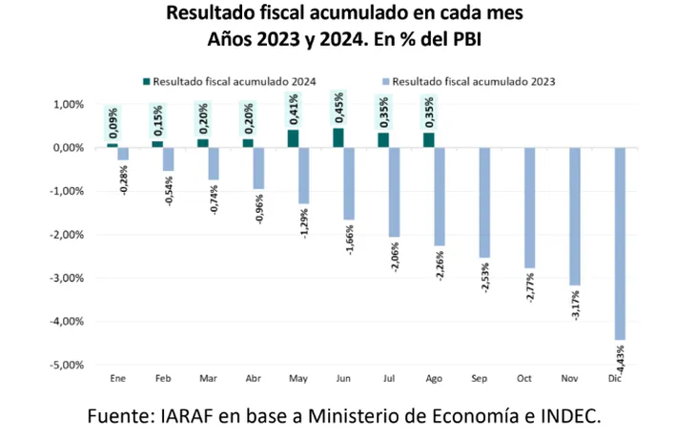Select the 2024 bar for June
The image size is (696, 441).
coord(338,137)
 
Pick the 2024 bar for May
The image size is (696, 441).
coord(293,138)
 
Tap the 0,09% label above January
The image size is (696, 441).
coord(113,120)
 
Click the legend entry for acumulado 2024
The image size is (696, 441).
coord(234,81)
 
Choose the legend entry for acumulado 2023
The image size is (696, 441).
coord(473,81)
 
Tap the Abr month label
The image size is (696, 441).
coord(254,379)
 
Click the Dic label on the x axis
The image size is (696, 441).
coord(615,379)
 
